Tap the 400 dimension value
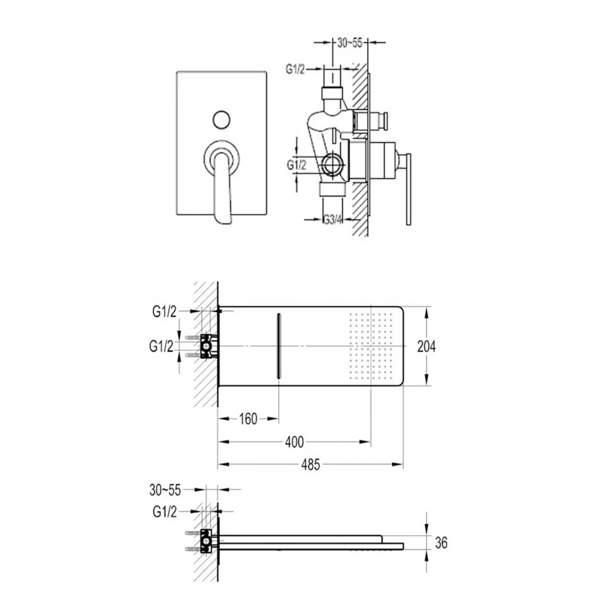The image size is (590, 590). (x=294, y=441)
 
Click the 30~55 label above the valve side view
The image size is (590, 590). (x=349, y=42)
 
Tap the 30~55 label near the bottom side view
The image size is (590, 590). (x=165, y=489)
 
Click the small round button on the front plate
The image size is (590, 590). (x=222, y=120)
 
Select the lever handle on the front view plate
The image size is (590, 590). (x=222, y=189)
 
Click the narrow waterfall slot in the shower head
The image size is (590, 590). (x=278, y=346)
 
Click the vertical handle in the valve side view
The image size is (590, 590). (x=407, y=189)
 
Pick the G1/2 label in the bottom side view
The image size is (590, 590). (x=165, y=512)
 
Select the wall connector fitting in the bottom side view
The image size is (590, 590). (x=206, y=542)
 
